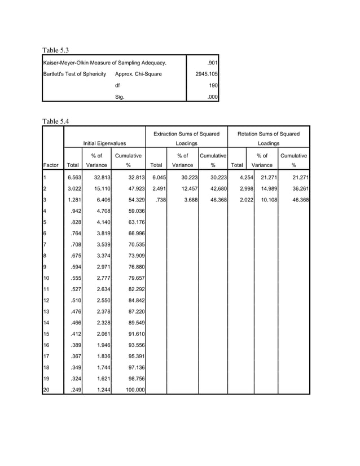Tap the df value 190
click(x=213, y=85)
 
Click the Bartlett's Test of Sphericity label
click(x=74, y=74)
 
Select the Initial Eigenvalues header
click(x=104, y=144)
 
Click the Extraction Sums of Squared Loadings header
click(x=186, y=139)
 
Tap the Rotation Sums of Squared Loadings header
click(x=269, y=139)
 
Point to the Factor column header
click(x=51, y=165)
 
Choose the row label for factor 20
click(x=47, y=390)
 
